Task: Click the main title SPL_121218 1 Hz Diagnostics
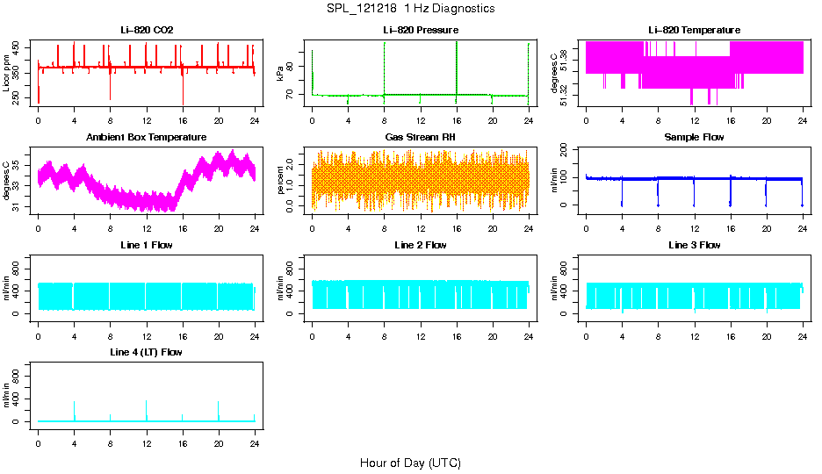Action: click(410, 9)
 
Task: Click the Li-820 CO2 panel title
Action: click(147, 31)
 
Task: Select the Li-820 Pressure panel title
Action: click(421, 31)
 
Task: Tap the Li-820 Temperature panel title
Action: click(694, 31)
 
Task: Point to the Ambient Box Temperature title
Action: click(147, 138)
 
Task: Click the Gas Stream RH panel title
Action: click(421, 138)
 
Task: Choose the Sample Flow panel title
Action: click(694, 138)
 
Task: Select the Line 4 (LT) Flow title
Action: click(147, 352)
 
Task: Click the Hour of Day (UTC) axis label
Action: click(410, 463)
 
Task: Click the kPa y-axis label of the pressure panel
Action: click(281, 75)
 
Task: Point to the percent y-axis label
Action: click(281, 181)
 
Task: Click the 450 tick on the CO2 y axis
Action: click(19, 47)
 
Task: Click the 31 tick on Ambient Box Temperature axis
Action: click(19, 207)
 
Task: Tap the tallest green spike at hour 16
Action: click(457, 53)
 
